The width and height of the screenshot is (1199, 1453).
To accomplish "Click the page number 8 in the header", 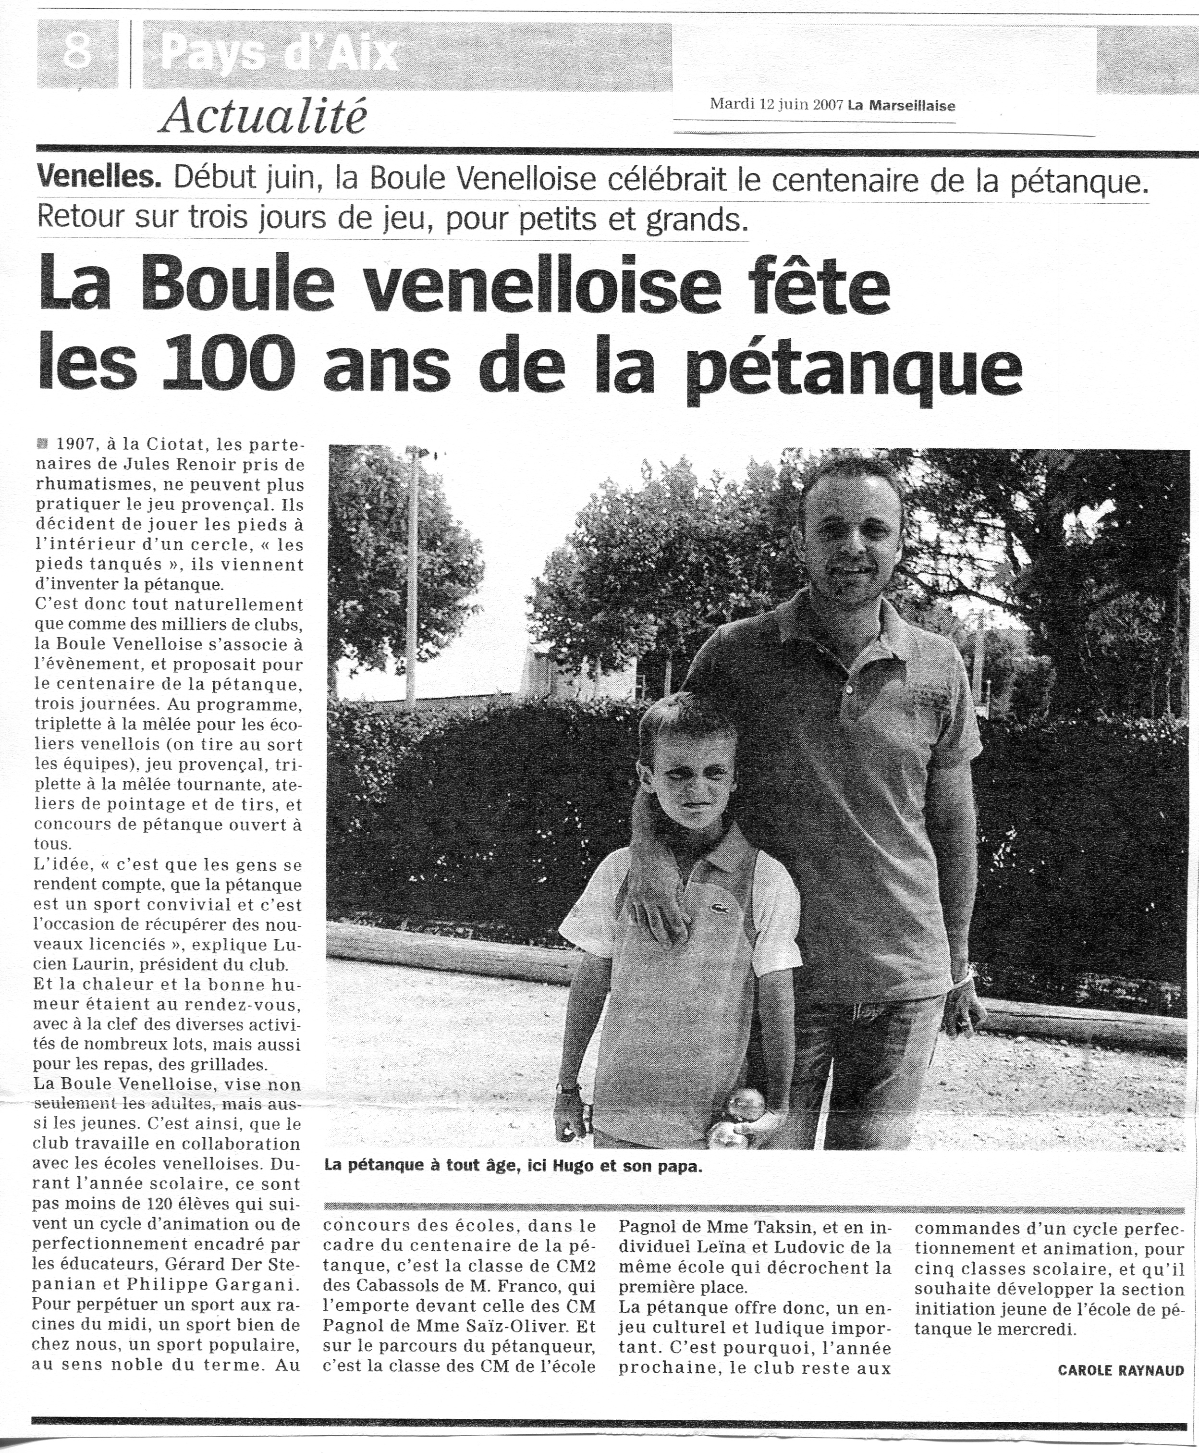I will [x=77, y=51].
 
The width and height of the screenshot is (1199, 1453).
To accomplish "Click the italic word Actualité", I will [x=262, y=116].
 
